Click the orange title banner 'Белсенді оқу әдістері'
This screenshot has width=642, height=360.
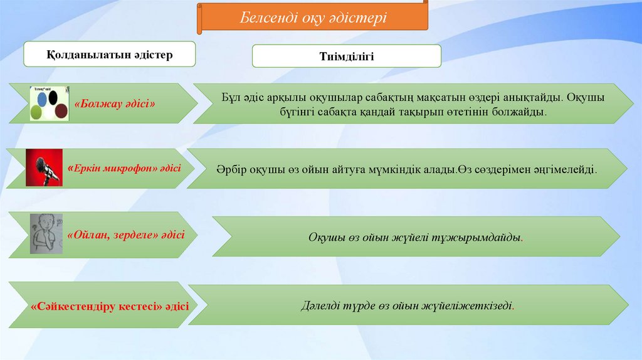click(x=313, y=17)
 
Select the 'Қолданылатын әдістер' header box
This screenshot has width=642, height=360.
click(x=110, y=55)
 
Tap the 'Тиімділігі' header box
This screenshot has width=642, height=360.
click(x=346, y=56)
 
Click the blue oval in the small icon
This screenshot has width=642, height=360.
click(x=42, y=98)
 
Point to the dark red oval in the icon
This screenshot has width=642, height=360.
click(x=61, y=111)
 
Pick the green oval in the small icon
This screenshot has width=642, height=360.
click(x=38, y=112)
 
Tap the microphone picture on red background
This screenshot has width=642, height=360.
click(x=44, y=167)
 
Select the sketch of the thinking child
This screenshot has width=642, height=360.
click(x=46, y=233)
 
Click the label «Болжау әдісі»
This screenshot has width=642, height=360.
click(x=115, y=103)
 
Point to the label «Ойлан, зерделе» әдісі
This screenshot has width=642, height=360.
click(x=130, y=235)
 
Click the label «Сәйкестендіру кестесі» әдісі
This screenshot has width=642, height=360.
click(x=110, y=307)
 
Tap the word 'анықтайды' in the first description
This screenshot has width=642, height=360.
click(x=528, y=98)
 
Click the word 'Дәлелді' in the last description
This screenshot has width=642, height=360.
click(x=320, y=306)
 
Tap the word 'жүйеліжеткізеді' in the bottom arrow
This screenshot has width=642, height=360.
click(x=474, y=306)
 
